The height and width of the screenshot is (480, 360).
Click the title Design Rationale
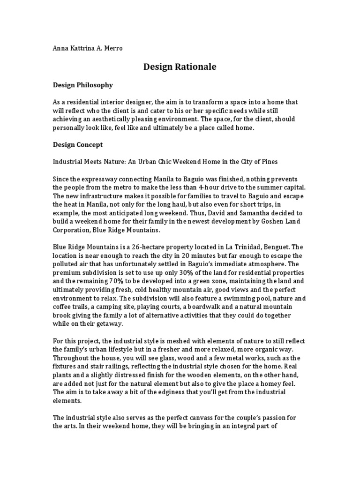point(180,67)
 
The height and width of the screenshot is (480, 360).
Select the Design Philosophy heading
point(82,85)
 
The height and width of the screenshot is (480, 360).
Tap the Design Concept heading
point(77,144)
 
